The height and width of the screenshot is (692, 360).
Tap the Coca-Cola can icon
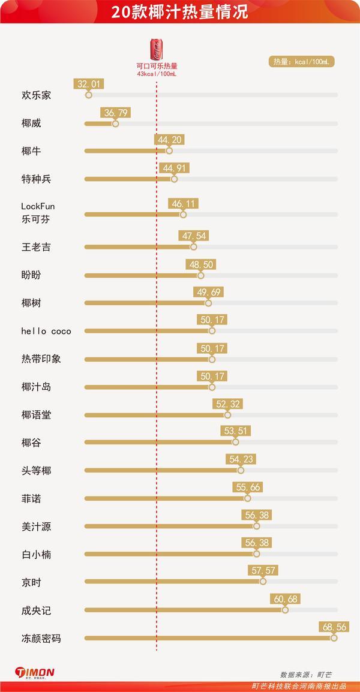click(x=156, y=49)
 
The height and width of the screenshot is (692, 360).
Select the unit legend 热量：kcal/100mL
click(x=301, y=62)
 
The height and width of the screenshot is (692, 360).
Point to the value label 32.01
click(x=88, y=84)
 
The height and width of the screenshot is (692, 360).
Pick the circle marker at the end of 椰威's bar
click(x=115, y=124)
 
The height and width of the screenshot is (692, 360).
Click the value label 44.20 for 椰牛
click(x=169, y=140)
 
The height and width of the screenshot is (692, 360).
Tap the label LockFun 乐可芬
click(x=38, y=213)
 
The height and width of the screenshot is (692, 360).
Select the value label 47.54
click(x=193, y=236)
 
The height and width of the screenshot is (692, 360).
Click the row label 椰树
click(x=31, y=303)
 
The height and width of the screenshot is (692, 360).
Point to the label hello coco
click(x=46, y=331)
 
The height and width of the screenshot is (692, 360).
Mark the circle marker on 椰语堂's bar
click(x=227, y=415)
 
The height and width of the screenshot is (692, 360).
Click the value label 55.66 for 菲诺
click(x=248, y=488)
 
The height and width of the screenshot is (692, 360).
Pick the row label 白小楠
click(x=36, y=554)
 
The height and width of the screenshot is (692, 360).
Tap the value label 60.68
click(x=285, y=599)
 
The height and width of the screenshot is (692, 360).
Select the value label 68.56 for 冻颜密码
click(x=334, y=627)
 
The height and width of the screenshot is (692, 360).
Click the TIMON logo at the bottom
click(x=35, y=673)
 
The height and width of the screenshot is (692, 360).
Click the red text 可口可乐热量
click(x=157, y=66)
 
